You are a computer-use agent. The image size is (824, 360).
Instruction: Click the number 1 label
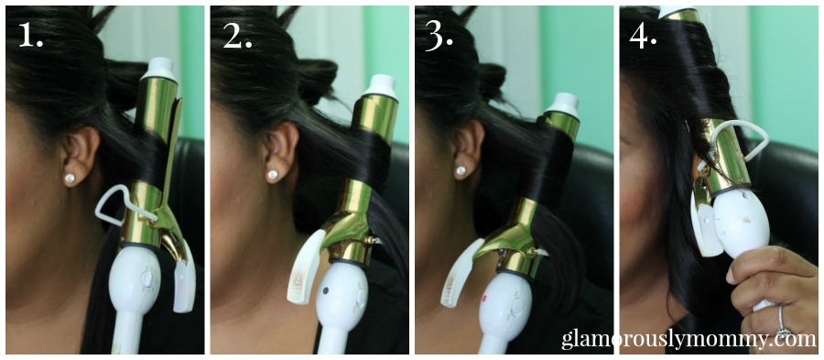(30, 35)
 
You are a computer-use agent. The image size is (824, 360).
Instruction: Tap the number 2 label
(237, 35)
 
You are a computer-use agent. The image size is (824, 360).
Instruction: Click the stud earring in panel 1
(70, 178)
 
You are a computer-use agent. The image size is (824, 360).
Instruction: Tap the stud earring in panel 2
(273, 174)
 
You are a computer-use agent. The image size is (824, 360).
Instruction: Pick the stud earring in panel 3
(461, 170)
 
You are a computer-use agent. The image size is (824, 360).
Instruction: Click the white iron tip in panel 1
(159, 69)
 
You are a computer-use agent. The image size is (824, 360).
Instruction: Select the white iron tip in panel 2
(382, 86)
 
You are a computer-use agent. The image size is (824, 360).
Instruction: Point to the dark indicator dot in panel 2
(326, 290)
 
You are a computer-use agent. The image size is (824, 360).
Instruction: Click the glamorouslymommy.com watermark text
(688, 340)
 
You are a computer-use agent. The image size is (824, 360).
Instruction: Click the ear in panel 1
(79, 151)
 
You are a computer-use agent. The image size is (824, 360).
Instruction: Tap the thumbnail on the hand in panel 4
(732, 276)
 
